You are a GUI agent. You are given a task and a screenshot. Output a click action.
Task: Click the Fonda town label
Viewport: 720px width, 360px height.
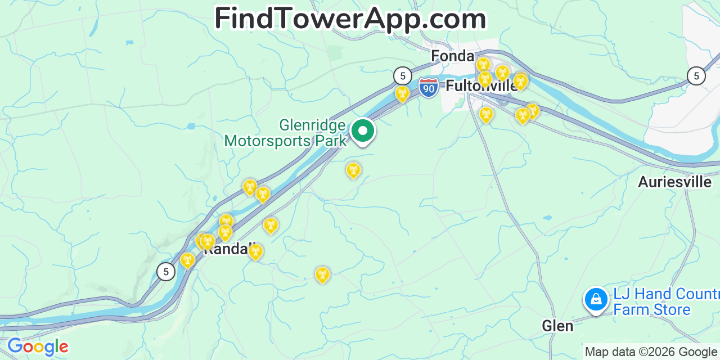(x=452, y=56)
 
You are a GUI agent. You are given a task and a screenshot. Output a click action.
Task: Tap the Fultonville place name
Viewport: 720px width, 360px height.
(x=481, y=86)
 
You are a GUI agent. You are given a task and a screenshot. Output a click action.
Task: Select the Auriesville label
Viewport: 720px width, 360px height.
(x=674, y=182)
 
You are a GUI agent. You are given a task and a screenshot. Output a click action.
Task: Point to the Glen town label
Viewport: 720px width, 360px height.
(x=557, y=326)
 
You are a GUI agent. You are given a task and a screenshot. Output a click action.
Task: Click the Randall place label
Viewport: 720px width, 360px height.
(x=226, y=249)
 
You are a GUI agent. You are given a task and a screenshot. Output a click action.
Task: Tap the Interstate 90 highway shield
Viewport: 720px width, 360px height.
(x=429, y=88)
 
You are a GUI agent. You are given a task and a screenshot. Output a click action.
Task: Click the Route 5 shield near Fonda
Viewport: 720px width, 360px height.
(x=402, y=75)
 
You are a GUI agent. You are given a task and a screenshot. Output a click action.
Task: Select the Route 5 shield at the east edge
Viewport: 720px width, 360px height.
(x=696, y=75)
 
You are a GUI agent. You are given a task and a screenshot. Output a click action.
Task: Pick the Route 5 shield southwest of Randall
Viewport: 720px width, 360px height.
(x=165, y=271)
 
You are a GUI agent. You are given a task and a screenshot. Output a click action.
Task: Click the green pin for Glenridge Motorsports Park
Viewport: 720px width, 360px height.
(x=363, y=132)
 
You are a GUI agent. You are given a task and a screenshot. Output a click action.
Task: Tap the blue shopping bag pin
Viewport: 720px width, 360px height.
(x=596, y=300)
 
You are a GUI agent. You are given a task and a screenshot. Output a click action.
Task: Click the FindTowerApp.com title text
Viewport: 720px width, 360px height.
(x=350, y=19)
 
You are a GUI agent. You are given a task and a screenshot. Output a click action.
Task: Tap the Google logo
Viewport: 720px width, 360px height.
(x=38, y=347)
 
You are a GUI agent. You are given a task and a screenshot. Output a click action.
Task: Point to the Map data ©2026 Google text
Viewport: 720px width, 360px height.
(x=651, y=352)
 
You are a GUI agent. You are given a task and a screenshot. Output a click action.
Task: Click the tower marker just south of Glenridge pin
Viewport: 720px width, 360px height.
(x=353, y=169)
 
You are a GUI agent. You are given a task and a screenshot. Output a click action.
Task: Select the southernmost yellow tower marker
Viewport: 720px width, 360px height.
(x=322, y=274)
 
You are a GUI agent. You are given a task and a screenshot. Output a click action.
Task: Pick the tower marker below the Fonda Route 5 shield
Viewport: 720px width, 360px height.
(x=402, y=93)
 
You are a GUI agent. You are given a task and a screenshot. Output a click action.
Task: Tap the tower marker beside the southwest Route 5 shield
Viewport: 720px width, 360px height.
(x=187, y=260)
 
